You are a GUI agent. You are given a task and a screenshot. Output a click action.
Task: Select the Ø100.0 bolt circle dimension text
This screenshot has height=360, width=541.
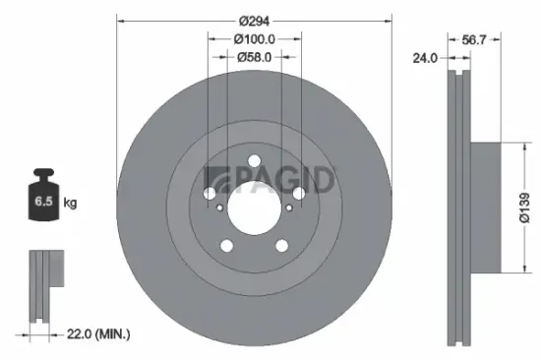pyautogui.click(x=254, y=38)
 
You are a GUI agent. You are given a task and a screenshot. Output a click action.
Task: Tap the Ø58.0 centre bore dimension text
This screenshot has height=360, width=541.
pyautogui.click(x=254, y=57)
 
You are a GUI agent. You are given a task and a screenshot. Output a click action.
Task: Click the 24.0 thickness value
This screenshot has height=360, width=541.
pyautogui.click(x=426, y=58)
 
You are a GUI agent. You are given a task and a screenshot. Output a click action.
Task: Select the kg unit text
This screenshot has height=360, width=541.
pyautogui.click(x=70, y=204)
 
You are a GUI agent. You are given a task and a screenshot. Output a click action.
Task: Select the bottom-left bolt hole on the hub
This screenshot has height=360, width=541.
pyautogui.click(x=227, y=246)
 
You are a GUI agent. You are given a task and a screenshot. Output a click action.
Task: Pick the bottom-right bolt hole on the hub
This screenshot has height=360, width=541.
pyautogui.click(x=280, y=246)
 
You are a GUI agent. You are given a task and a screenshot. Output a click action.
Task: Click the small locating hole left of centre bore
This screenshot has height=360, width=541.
pyautogui.click(x=219, y=207)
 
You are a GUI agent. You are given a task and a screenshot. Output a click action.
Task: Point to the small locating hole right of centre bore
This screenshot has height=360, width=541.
pyautogui.click(x=289, y=207)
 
